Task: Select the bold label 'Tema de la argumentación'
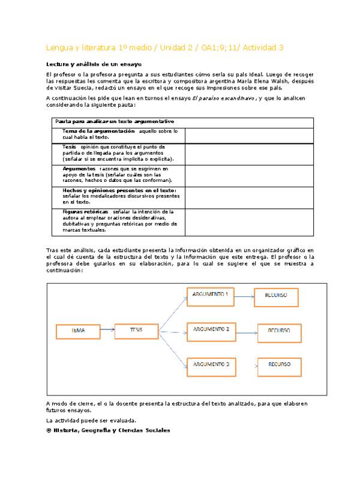point(99,131)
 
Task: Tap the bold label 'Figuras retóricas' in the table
point(85,212)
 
